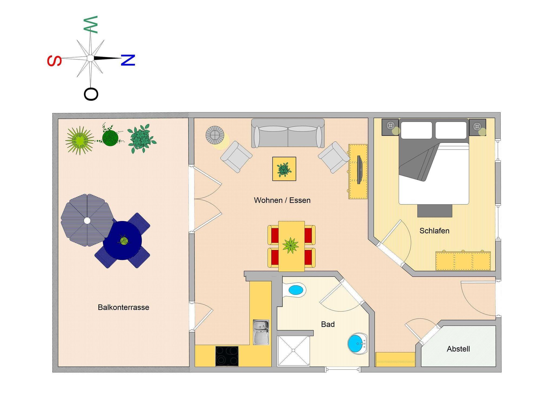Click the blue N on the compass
click(x=128, y=60)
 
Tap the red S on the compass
click(x=54, y=61)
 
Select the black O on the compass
click(x=91, y=94)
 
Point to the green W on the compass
click(x=91, y=25)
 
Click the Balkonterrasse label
click(x=123, y=308)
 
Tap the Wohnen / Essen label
click(x=282, y=200)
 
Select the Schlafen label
click(x=434, y=231)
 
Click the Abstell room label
click(x=458, y=349)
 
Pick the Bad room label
click(x=328, y=324)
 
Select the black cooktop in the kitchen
click(x=227, y=356)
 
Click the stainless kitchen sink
click(x=261, y=332)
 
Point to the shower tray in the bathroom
click(x=293, y=351)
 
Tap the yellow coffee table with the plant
click(x=284, y=169)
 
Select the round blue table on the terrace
click(x=122, y=240)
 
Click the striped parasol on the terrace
click(x=87, y=220)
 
